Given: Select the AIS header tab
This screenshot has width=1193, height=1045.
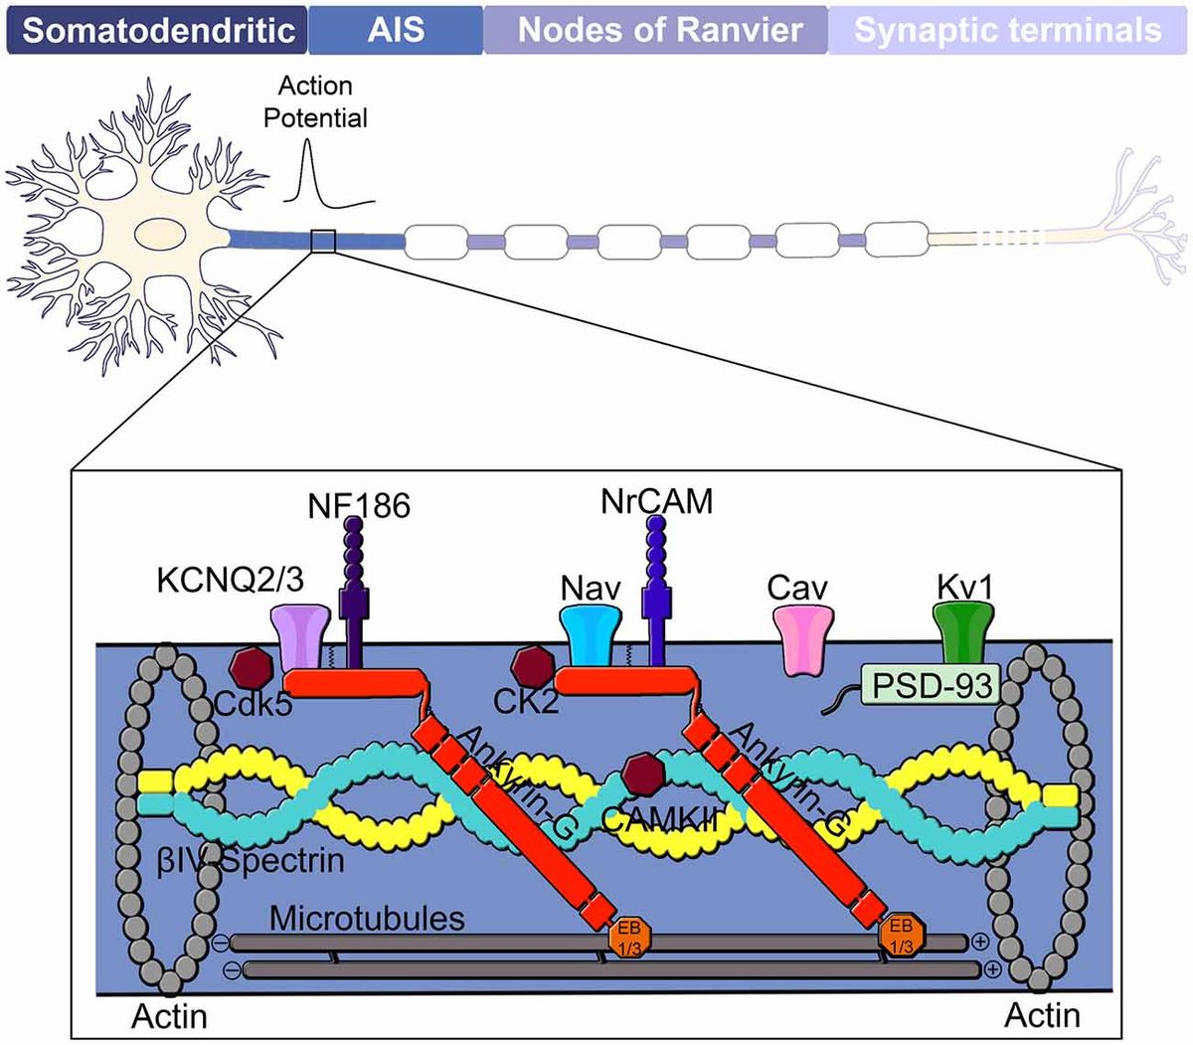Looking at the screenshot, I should pyautogui.click(x=396, y=29).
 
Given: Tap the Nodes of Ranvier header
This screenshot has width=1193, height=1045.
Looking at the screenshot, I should pyautogui.click(x=656, y=29).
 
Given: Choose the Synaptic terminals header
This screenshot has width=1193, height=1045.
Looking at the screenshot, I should pyautogui.click(x=1008, y=29).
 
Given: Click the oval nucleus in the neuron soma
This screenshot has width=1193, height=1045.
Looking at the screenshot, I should pyautogui.click(x=159, y=239).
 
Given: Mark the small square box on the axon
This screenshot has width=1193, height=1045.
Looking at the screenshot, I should pyautogui.click(x=324, y=242).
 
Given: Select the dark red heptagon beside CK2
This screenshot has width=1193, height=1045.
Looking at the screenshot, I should pyautogui.click(x=533, y=668).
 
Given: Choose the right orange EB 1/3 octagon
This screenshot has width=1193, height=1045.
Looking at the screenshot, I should pyautogui.click(x=902, y=936).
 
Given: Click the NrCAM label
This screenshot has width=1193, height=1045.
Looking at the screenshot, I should pyautogui.click(x=656, y=501).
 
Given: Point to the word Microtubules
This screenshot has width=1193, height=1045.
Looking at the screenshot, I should pyautogui.click(x=367, y=917).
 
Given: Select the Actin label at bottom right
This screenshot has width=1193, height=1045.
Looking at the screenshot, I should pyautogui.click(x=1042, y=1015).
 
